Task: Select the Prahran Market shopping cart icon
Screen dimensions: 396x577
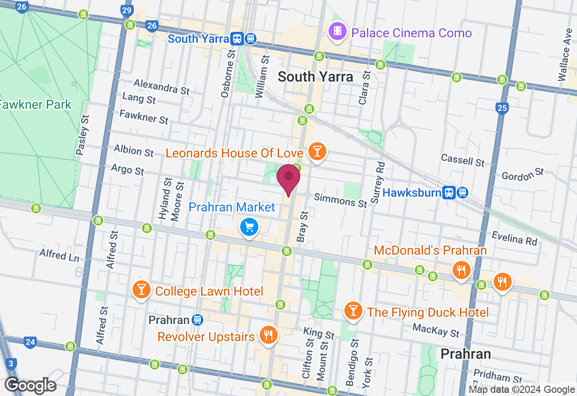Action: [249, 226]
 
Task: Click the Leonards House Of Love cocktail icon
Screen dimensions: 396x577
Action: [317, 152]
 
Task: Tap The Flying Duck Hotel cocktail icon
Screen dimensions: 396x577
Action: [353, 310]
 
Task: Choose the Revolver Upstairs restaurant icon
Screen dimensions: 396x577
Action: [268, 335]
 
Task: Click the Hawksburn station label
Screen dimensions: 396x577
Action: [412, 193]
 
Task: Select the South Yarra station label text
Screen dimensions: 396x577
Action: [198, 39]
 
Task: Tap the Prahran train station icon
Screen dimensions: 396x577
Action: [197, 320]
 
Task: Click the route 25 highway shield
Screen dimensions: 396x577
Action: [502, 108]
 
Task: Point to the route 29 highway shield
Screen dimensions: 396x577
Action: [127, 10]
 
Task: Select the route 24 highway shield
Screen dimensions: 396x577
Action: [30, 342]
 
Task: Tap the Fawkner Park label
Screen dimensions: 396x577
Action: [35, 105]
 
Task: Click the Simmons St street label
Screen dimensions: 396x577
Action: [340, 200]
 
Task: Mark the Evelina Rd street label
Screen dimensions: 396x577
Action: [514, 238]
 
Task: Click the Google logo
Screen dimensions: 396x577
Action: [31, 385]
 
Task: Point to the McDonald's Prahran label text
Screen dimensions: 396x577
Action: [430, 250]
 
